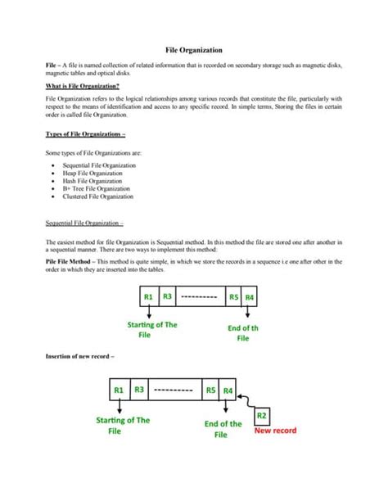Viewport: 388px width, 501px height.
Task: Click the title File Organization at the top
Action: [x=194, y=51]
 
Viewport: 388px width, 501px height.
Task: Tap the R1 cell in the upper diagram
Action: [x=149, y=296]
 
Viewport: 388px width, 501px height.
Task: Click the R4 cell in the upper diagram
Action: [x=250, y=296]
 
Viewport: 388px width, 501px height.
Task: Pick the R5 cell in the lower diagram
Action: [x=210, y=390]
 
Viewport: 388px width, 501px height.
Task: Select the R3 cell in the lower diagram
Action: [x=139, y=390]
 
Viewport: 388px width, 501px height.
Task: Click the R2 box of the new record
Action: [x=263, y=416]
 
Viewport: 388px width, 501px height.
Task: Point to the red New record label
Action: [x=274, y=430]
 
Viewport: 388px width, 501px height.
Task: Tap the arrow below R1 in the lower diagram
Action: [x=120, y=406]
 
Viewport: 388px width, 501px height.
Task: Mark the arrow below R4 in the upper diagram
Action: [x=246, y=313]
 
